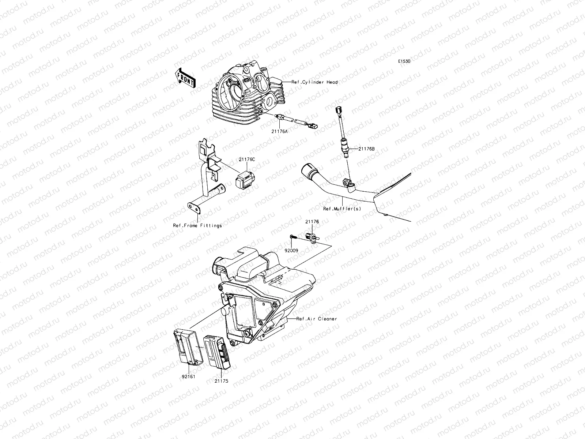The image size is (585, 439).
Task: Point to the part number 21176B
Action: point(366,149)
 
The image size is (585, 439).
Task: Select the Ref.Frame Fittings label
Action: point(197,226)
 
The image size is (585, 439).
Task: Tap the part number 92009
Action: point(292,251)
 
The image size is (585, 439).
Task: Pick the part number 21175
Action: point(221,381)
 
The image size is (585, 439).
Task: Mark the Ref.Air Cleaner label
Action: point(317,319)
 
